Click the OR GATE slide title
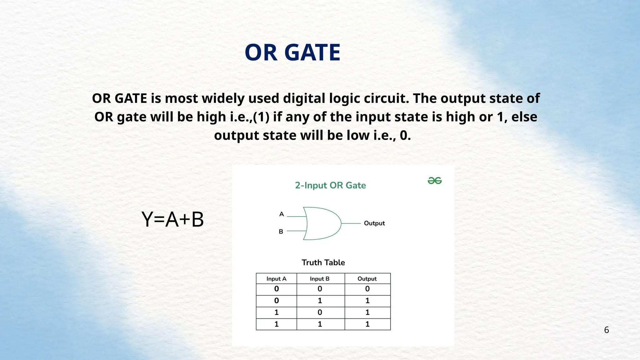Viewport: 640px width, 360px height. click(292, 52)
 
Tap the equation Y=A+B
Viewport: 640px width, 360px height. click(172, 219)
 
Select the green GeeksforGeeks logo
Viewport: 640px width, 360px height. click(434, 181)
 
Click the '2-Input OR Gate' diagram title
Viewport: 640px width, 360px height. click(330, 185)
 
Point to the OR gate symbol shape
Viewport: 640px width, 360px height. click(322, 223)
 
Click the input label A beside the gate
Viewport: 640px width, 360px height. click(282, 214)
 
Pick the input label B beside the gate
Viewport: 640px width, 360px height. click(281, 232)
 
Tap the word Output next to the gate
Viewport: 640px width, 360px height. click(374, 223)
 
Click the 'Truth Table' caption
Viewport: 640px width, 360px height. click(323, 262)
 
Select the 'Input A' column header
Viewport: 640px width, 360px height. click(276, 279)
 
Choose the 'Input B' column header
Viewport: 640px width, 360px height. click(319, 279)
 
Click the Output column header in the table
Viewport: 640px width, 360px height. click(367, 279)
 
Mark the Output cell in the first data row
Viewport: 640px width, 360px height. click(367, 289)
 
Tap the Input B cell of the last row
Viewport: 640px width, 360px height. click(320, 324)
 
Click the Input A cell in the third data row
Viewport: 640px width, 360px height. click(276, 312)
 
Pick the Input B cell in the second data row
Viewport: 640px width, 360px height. click(320, 301)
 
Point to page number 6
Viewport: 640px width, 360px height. click(606, 330)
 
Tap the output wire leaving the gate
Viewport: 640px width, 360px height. click(351, 223)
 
